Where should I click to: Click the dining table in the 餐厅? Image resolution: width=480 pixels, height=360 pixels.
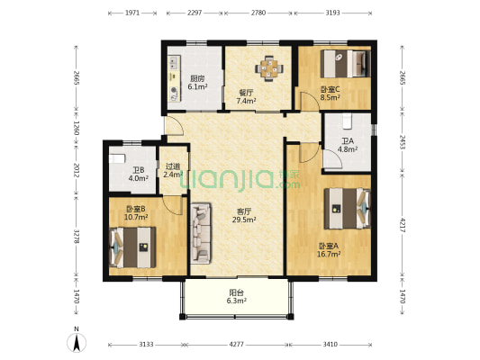[x=269, y=68]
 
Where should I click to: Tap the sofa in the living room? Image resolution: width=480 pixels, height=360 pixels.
[x=201, y=233]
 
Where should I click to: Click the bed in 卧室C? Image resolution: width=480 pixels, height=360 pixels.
[x=345, y=64]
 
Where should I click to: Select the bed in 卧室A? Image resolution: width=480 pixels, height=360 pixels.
[x=348, y=209]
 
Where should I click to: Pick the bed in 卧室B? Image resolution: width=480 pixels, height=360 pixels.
[x=132, y=247]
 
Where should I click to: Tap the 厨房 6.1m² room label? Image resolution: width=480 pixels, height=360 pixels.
[x=197, y=83]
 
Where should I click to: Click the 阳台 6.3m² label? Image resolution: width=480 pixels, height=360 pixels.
[x=237, y=297]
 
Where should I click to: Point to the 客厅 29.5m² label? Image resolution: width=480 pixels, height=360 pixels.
[x=244, y=215]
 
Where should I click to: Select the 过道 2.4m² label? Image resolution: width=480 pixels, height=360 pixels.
[x=173, y=171]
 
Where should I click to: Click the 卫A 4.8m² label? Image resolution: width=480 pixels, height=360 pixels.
[x=348, y=145]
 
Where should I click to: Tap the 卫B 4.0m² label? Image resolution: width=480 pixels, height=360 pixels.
[x=139, y=175]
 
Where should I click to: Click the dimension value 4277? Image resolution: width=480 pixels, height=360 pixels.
[x=237, y=345]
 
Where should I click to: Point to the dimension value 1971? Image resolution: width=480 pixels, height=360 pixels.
[x=132, y=13]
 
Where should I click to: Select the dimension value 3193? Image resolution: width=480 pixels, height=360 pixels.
[x=332, y=13]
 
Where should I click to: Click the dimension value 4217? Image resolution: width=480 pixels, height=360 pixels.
[x=403, y=225]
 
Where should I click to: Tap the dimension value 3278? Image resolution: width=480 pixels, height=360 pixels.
[x=77, y=236]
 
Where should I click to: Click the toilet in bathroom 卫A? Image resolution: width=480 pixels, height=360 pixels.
[x=348, y=121]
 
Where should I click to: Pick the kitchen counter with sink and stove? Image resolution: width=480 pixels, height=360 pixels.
[x=174, y=78]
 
